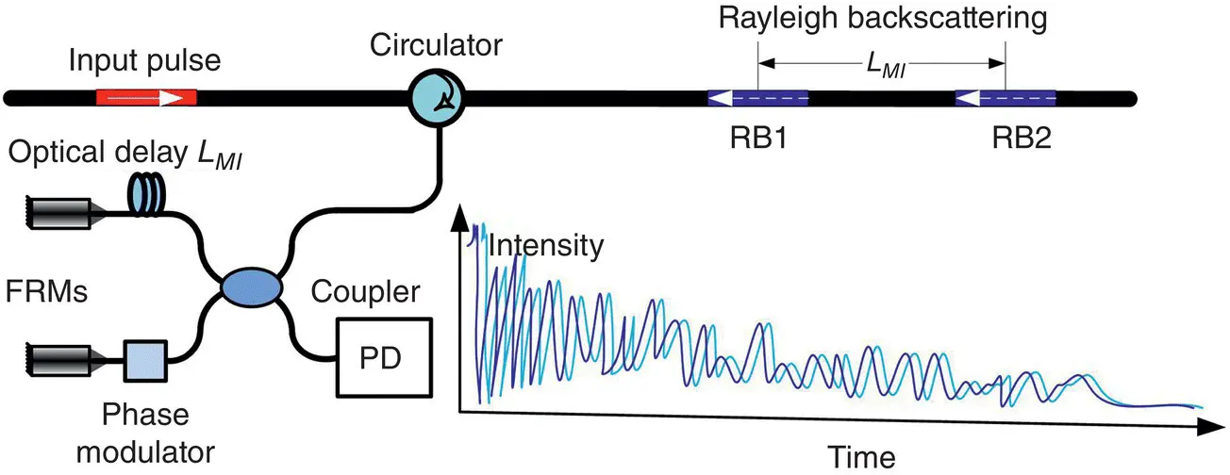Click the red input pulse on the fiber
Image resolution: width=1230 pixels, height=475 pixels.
(145, 97)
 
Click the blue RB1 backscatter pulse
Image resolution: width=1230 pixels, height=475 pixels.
(756, 97)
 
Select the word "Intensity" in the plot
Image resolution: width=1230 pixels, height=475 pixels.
(545, 248)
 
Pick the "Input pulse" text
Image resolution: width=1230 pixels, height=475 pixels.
(145, 62)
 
